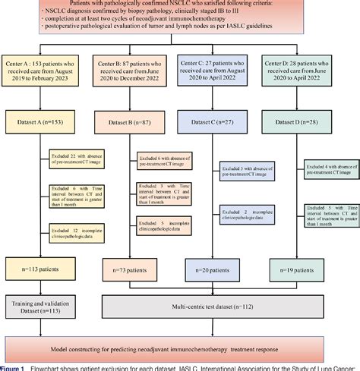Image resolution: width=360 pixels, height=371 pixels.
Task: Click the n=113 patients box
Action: [46, 269]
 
